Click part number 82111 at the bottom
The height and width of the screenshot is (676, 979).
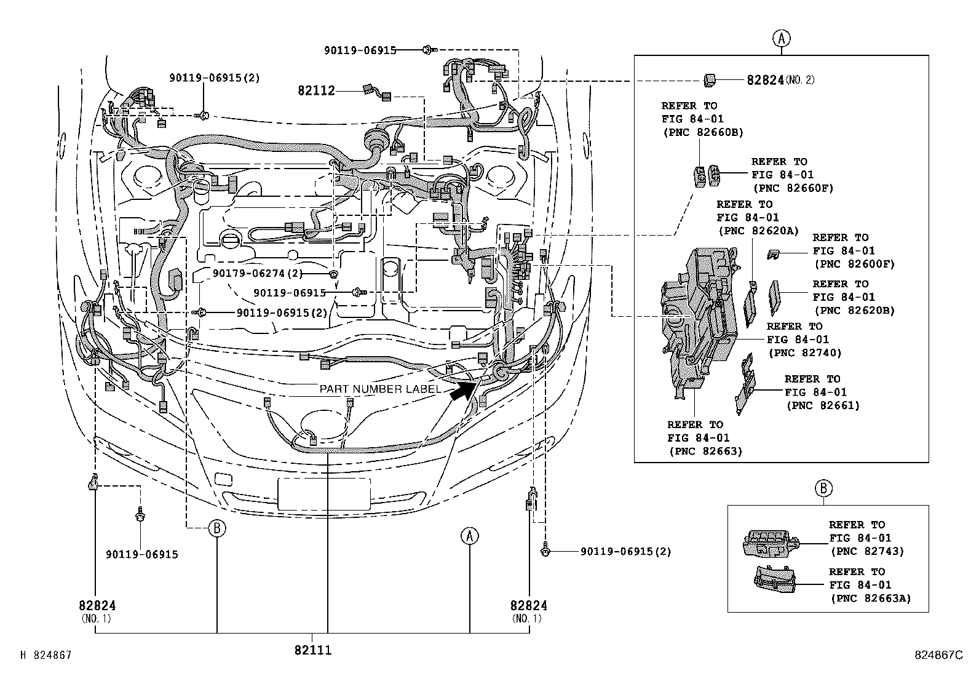(x=312, y=650)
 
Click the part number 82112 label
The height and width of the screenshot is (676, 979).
(x=316, y=91)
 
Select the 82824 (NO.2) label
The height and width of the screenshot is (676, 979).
(x=780, y=80)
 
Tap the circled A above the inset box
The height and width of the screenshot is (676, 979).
(x=781, y=39)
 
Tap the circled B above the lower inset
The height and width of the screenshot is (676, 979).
(x=823, y=488)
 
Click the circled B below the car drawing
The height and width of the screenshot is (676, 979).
(x=216, y=528)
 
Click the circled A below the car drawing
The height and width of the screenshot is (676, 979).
(x=469, y=536)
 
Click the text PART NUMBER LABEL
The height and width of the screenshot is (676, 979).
(x=379, y=389)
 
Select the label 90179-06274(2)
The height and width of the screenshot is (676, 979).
(x=266, y=272)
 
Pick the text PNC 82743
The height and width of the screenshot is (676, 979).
(x=867, y=551)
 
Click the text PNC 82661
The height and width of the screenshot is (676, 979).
(x=823, y=405)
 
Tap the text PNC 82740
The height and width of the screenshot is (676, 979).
(x=804, y=353)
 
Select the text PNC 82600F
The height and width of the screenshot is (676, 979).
(x=854, y=264)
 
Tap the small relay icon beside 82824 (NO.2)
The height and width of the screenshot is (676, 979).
(x=709, y=79)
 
